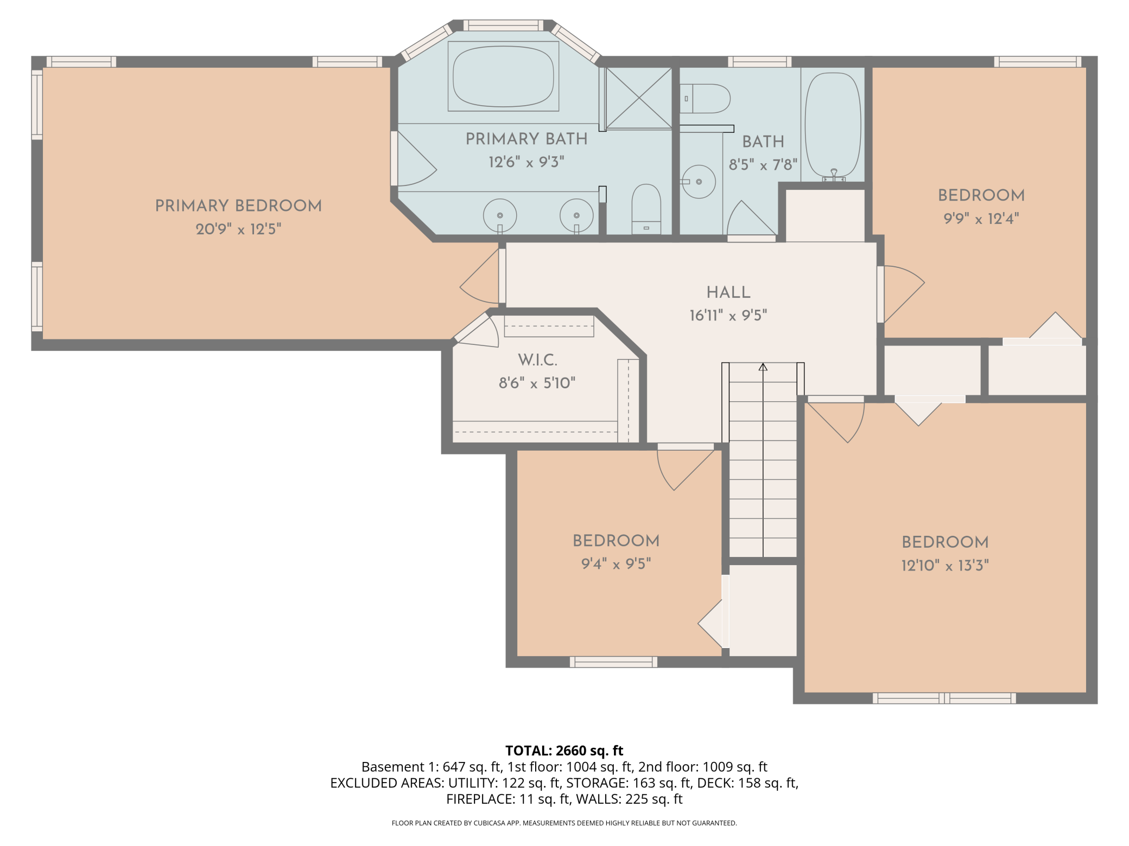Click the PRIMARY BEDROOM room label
click(x=238, y=206)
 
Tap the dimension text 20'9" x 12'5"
click(x=238, y=229)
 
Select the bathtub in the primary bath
click(x=503, y=76)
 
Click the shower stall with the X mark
click(x=639, y=98)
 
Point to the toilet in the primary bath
click(x=646, y=209)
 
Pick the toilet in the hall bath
click(x=705, y=99)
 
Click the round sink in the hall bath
click(x=699, y=182)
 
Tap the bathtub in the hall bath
click(x=833, y=125)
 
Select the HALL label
click(x=728, y=292)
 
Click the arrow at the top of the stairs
click(x=763, y=367)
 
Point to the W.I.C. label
click(x=537, y=360)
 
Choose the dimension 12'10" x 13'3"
click(x=945, y=566)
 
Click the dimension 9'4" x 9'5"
click(x=616, y=564)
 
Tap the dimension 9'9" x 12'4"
click(x=981, y=219)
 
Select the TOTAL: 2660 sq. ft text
click(x=564, y=751)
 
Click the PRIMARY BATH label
click(x=527, y=139)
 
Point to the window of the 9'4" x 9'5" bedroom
click(x=613, y=662)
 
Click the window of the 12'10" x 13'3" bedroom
click(x=944, y=698)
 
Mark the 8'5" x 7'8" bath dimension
click(x=763, y=164)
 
